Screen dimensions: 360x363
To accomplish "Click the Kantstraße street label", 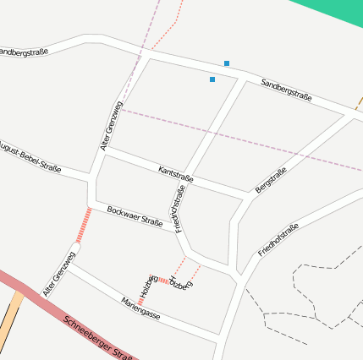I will tap(176, 175).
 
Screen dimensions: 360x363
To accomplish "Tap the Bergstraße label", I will tap(272, 180).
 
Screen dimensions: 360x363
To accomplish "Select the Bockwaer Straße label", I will tap(135, 216).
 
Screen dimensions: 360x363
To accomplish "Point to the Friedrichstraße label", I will tap(179, 210).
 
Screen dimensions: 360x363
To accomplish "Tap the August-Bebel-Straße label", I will tap(30, 157).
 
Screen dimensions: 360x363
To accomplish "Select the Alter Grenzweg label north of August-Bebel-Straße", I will tap(111, 127).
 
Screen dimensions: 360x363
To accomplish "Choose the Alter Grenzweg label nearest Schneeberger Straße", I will tap(60, 273).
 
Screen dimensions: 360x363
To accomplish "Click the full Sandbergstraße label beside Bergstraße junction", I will tap(287, 90).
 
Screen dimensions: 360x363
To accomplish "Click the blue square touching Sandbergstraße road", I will tap(227, 63).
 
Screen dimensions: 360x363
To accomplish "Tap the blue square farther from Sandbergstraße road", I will tap(212, 79).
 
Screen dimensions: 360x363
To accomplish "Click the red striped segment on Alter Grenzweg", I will tap(83, 226).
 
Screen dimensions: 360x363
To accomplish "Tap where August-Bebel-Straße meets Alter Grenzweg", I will tap(91, 179).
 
